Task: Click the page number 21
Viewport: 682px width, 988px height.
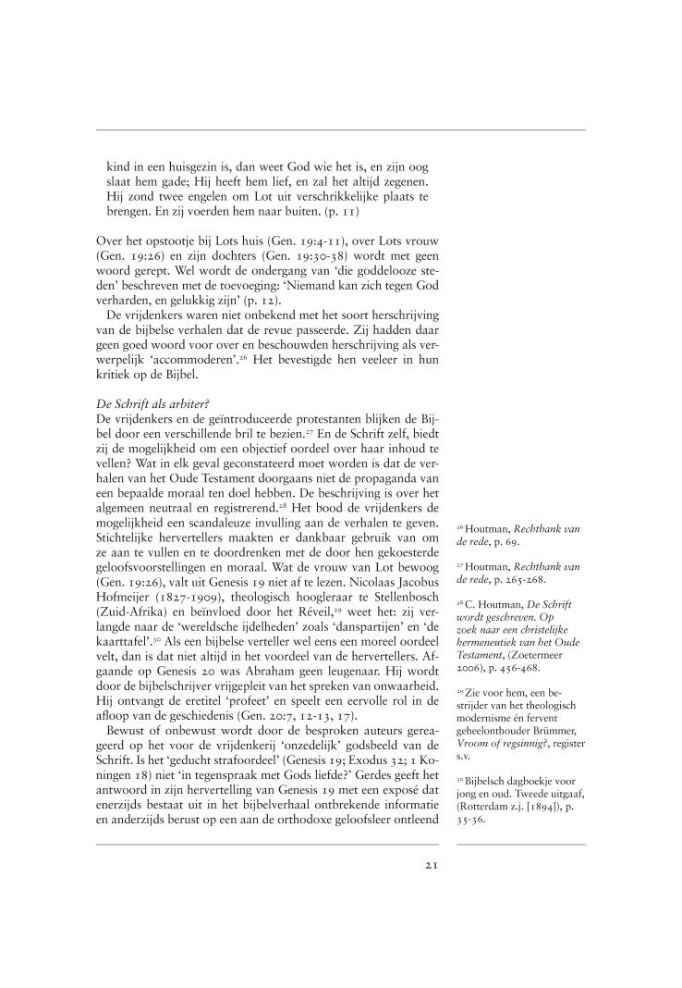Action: pyautogui.click(x=431, y=866)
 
